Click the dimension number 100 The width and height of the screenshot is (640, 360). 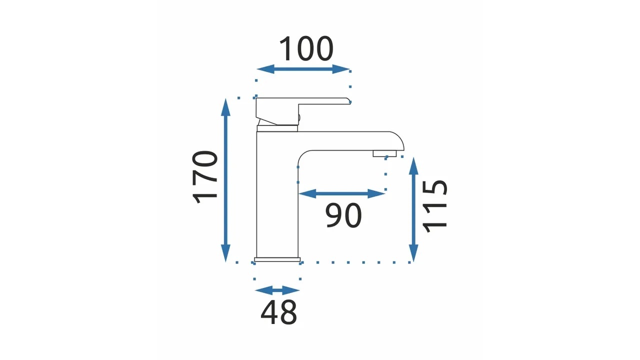(306, 49)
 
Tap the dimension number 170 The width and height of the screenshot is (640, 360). (205, 177)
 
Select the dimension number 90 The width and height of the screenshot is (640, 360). (343, 215)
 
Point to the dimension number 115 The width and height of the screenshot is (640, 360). (434, 206)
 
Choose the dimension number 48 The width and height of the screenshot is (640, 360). (278, 312)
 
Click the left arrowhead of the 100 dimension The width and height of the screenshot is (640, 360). (265, 69)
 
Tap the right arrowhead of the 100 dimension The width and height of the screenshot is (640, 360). (341, 69)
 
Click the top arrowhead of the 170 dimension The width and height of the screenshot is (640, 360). (225, 107)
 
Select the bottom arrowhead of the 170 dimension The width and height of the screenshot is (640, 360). (225, 253)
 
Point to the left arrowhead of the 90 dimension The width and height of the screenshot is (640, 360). (307, 193)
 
